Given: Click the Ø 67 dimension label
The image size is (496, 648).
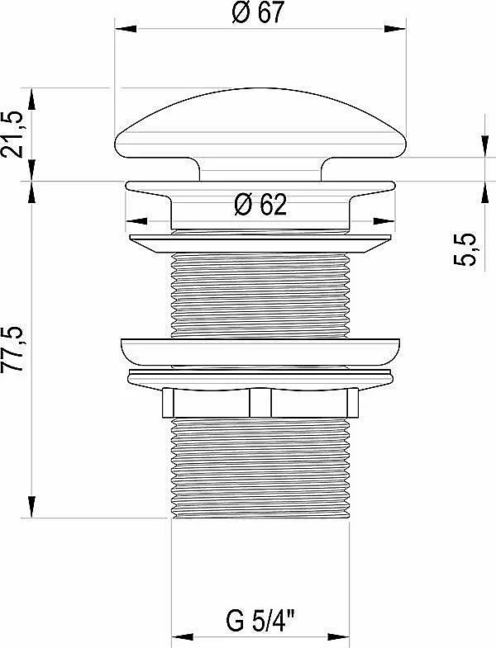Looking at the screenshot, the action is click(259, 12).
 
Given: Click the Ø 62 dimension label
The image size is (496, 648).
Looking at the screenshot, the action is click(260, 204).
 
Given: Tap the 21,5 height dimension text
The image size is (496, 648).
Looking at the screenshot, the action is click(12, 135).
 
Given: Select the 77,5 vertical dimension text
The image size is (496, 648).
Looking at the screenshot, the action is click(12, 351).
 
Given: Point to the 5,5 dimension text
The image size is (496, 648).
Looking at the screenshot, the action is click(465, 249).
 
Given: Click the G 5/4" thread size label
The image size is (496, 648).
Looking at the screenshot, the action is click(260, 621).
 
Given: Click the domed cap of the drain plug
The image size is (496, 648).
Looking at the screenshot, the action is click(260, 123).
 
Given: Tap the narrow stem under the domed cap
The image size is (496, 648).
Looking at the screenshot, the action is click(260, 169).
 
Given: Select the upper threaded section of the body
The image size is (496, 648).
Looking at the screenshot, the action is click(260, 295).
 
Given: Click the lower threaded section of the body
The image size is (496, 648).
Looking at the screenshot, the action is click(260, 467).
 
